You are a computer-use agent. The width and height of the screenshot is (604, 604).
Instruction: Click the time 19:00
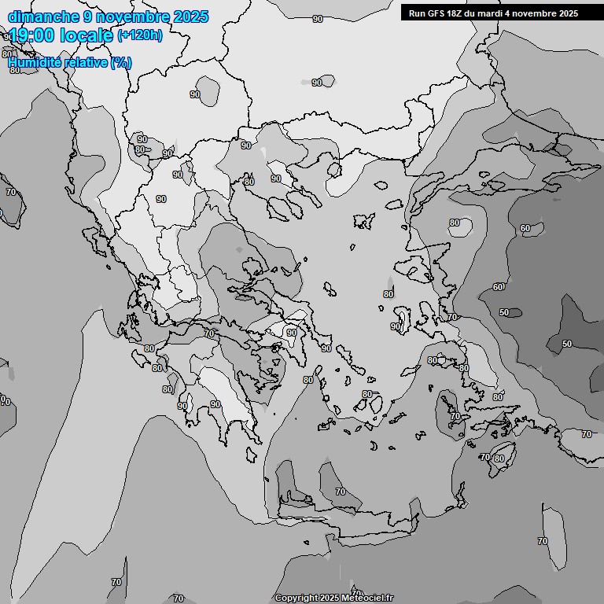coord(33,36)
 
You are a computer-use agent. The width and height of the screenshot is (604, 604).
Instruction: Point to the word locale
coord(87,36)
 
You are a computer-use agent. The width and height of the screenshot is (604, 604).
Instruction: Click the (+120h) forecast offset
coord(140,35)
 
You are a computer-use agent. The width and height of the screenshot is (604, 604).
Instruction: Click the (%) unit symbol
coord(122,62)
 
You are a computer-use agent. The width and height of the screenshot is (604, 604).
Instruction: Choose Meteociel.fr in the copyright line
coord(366,598)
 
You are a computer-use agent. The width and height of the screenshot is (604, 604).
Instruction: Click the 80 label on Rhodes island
coord(499,459)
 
